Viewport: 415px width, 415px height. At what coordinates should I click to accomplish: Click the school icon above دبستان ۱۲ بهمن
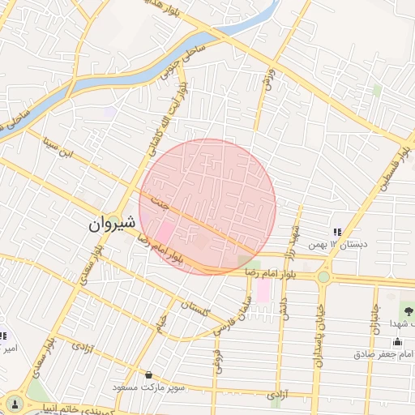(x=337, y=233)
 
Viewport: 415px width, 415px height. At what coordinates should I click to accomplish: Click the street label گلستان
(x=197, y=308)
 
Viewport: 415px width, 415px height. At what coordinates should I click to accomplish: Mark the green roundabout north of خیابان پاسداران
(x=323, y=277)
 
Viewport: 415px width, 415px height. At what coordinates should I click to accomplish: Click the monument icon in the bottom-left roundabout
(x=14, y=403)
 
